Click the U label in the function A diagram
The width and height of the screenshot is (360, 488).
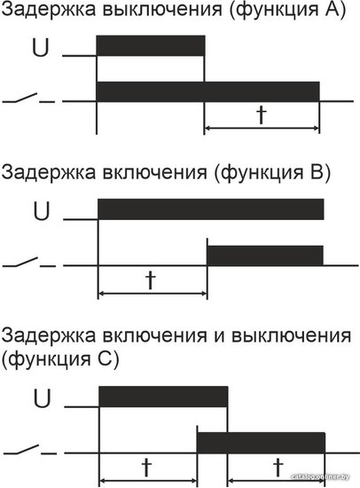(41, 48)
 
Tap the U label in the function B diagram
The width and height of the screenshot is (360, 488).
(42, 212)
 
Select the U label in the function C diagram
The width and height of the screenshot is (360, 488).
(42, 399)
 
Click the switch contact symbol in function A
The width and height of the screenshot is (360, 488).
(29, 98)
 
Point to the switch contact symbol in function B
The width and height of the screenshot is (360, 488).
(29, 262)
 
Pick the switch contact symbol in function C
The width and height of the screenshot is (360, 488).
(30, 450)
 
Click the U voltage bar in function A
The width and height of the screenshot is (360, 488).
(151, 46)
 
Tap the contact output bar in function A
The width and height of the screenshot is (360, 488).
(207, 91)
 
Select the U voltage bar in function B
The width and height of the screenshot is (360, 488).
(211, 209)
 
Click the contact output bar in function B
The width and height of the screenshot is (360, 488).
(265, 256)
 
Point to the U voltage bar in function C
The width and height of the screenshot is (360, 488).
(163, 397)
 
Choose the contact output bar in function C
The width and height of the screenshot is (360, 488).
(261, 443)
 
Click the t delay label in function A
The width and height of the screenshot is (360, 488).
(262, 115)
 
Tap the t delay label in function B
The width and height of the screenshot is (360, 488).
(151, 280)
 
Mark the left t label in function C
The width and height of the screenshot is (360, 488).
(146, 468)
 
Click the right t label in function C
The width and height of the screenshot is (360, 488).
(278, 468)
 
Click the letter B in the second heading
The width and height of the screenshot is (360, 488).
(313, 172)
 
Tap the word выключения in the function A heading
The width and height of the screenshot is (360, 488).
(162, 10)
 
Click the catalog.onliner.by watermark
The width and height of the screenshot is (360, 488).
(320, 476)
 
